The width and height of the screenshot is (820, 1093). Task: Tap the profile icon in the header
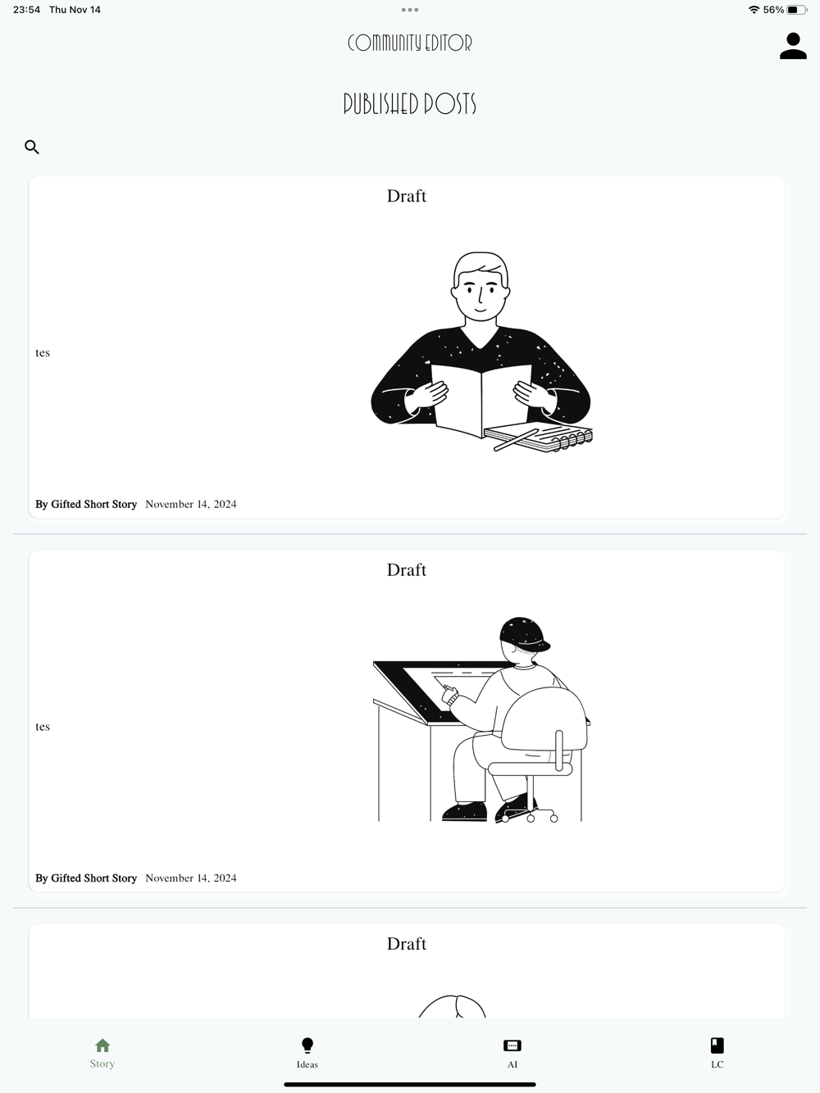click(x=793, y=46)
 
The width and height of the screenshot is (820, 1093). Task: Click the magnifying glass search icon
click(x=32, y=147)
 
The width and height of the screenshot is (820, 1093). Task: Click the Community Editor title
click(x=409, y=43)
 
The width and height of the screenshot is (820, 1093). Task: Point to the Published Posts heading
click(x=409, y=103)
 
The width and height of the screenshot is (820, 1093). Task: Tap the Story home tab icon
click(x=102, y=1045)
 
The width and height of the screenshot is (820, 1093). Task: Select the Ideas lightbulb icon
click(x=307, y=1045)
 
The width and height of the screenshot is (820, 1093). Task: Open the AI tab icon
click(x=512, y=1045)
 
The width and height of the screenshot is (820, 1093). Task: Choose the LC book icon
click(x=717, y=1045)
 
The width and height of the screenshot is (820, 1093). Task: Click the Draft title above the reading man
click(x=407, y=196)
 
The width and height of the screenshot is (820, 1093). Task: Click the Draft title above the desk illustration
click(x=407, y=569)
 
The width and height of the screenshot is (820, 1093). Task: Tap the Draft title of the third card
click(x=407, y=944)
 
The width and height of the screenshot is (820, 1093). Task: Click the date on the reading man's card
click(x=191, y=504)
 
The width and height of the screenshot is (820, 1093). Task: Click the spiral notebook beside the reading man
click(x=539, y=438)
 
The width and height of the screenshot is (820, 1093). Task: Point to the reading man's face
click(x=481, y=294)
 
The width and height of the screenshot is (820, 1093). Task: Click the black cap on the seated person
click(x=524, y=633)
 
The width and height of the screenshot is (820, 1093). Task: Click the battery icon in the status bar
click(x=796, y=10)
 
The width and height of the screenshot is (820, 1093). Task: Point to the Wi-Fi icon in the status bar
click(x=754, y=10)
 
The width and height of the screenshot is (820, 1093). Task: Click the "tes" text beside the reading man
click(x=43, y=352)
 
